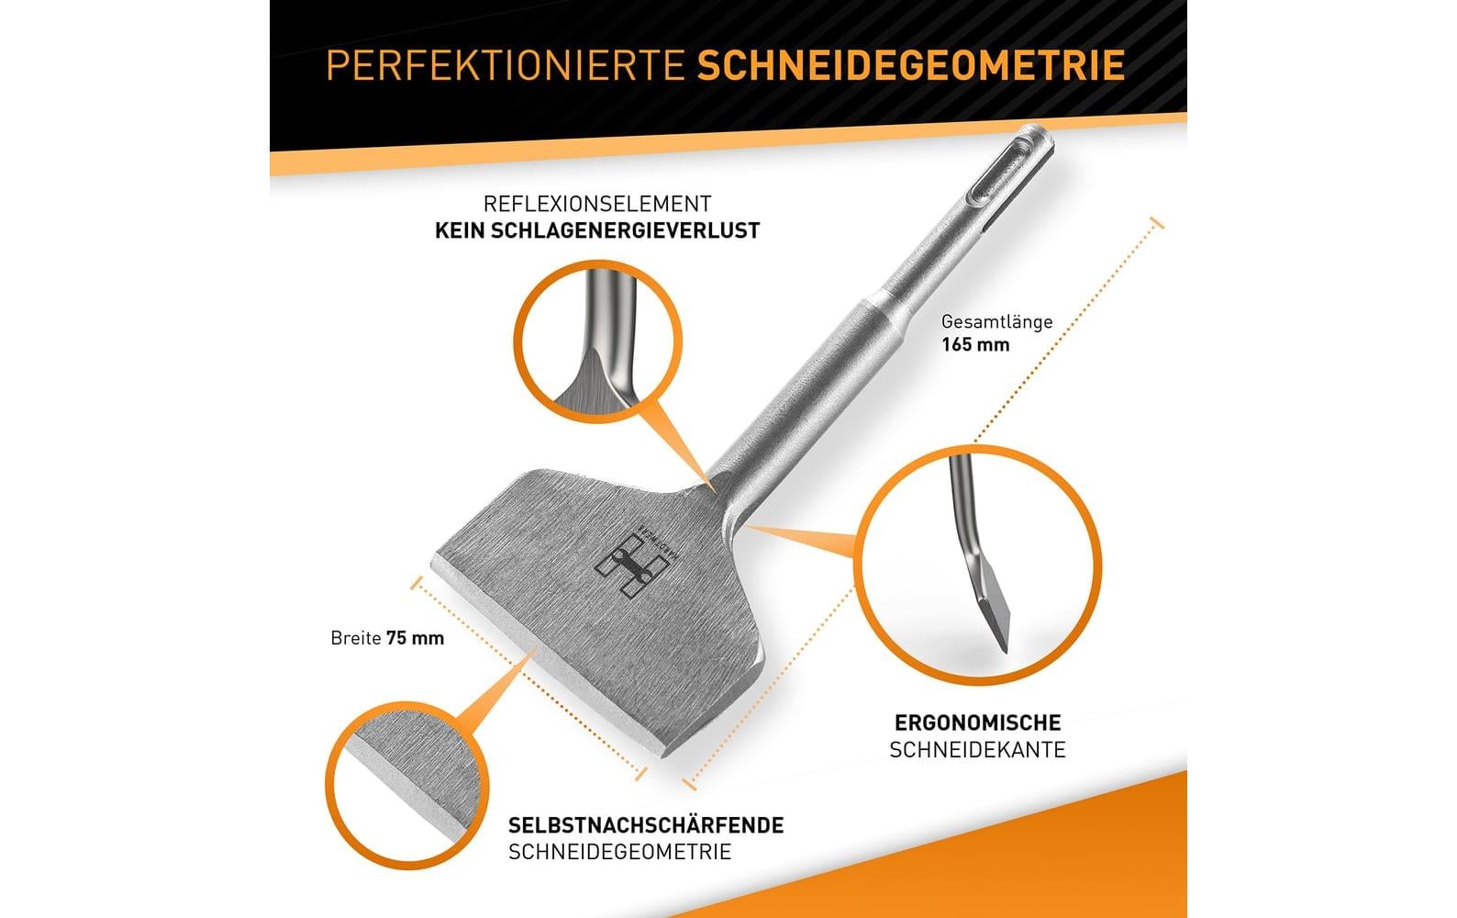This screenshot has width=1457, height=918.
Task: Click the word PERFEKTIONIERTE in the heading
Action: click(506, 65)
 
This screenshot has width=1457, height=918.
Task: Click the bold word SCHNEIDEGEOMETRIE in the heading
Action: click(911, 65)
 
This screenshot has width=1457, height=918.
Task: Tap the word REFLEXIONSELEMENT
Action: click(597, 204)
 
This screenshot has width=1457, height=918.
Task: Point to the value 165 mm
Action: click(975, 345)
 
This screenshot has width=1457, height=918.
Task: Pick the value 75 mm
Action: click(415, 638)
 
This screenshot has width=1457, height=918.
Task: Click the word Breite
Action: click(356, 638)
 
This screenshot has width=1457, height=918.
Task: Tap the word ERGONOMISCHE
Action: click(977, 723)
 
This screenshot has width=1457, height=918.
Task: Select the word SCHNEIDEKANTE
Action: click(977, 750)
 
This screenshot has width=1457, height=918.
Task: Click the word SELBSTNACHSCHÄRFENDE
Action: click(646, 825)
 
